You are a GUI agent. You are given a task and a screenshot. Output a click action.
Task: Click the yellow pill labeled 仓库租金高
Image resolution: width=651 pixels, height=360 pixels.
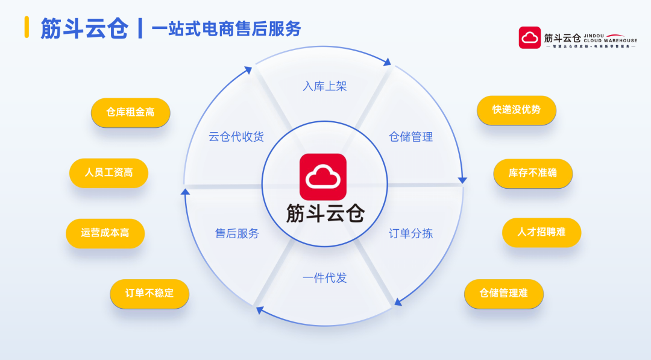point(130,112)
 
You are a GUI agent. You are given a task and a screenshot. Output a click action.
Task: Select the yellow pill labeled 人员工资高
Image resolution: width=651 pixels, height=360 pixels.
point(108,172)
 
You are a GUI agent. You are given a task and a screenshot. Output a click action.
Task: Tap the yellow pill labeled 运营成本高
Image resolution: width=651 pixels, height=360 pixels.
point(105,233)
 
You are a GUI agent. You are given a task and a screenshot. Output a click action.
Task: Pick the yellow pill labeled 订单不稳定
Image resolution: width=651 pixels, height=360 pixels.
point(149,294)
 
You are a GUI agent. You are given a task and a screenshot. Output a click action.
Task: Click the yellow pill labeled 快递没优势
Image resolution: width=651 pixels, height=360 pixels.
point(516,110)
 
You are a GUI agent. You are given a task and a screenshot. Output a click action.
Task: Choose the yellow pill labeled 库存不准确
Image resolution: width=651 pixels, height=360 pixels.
point(533,173)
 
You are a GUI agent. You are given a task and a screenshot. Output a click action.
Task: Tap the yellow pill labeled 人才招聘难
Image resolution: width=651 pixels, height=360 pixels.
point(541,232)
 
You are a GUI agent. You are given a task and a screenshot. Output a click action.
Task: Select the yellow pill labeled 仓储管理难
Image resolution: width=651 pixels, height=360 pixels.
point(503,294)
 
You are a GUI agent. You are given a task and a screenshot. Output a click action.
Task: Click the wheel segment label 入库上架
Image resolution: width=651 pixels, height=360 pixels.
point(325,86)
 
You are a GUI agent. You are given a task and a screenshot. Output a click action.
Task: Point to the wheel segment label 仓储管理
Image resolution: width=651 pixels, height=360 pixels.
point(410,137)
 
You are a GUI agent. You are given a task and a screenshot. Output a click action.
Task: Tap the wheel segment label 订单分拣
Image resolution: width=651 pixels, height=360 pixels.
point(410,233)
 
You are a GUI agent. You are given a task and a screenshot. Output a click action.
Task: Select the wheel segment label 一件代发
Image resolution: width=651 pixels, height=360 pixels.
point(325,278)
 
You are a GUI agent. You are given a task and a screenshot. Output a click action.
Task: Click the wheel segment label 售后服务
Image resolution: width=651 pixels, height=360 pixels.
point(237,233)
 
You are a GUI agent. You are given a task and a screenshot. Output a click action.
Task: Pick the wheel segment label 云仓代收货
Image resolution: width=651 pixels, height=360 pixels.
point(236,137)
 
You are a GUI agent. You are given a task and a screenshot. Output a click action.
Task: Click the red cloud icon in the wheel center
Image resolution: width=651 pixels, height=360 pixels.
point(323,177)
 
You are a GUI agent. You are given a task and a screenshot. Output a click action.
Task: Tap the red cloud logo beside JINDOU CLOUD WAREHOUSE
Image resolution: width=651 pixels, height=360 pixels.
point(530,37)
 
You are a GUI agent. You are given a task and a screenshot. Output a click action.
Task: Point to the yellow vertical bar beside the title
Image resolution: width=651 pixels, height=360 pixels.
point(27,27)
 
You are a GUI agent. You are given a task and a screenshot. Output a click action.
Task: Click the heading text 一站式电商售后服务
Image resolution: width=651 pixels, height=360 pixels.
point(226,28)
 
